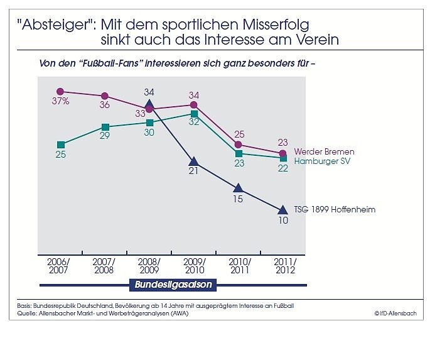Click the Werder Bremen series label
point(324,152)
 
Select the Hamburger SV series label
point(322,161)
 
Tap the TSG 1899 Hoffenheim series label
point(335,209)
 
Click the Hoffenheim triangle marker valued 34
point(149,105)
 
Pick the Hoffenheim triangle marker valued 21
point(193,161)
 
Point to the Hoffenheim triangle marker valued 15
point(238,188)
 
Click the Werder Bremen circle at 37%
point(60,91)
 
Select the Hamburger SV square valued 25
point(60,145)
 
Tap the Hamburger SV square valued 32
point(193,114)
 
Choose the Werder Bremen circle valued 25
point(238,145)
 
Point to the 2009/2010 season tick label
point(193,265)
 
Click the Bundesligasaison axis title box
point(173,285)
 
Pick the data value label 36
point(104,105)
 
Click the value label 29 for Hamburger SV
point(104,136)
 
